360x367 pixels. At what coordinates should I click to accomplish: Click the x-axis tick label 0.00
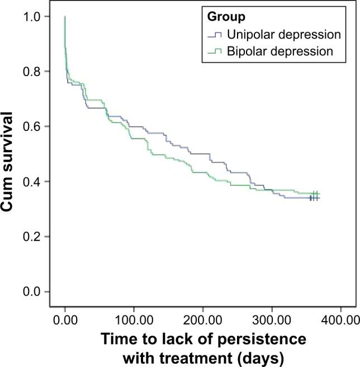65,321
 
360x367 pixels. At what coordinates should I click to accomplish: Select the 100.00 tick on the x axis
134,321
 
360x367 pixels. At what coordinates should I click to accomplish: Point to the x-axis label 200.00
203,321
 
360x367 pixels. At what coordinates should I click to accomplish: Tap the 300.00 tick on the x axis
272,321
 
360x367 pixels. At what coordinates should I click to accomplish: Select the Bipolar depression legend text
279,51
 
